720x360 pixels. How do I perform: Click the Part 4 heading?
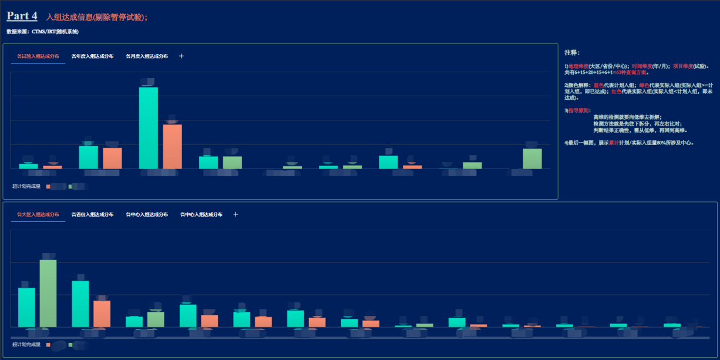coord(22,16)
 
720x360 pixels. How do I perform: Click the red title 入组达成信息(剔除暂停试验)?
coord(97,18)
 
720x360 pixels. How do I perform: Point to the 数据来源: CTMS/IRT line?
coord(42,32)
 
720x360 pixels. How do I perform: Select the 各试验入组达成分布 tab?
coord(38,56)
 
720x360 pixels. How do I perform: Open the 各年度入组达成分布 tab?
coord(92,56)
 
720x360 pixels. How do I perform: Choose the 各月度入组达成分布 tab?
coord(147,56)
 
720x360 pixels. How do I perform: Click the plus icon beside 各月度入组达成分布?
coord(181,56)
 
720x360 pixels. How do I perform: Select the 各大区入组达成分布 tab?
coord(38,214)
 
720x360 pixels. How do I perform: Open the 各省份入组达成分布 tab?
coord(92,214)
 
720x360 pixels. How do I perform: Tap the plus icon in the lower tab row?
coord(235,214)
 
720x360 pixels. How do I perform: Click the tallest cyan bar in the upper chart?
coord(148,127)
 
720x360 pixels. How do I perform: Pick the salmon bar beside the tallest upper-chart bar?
coord(172,146)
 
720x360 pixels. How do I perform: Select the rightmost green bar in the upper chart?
coord(532,159)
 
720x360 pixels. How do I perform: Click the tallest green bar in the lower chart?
coord(48,293)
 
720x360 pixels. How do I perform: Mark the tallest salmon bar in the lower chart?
coord(102,314)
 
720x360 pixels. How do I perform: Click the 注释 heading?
coord(572,53)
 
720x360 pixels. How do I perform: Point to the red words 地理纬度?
coord(578,66)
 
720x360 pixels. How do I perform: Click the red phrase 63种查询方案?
coord(630,72)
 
